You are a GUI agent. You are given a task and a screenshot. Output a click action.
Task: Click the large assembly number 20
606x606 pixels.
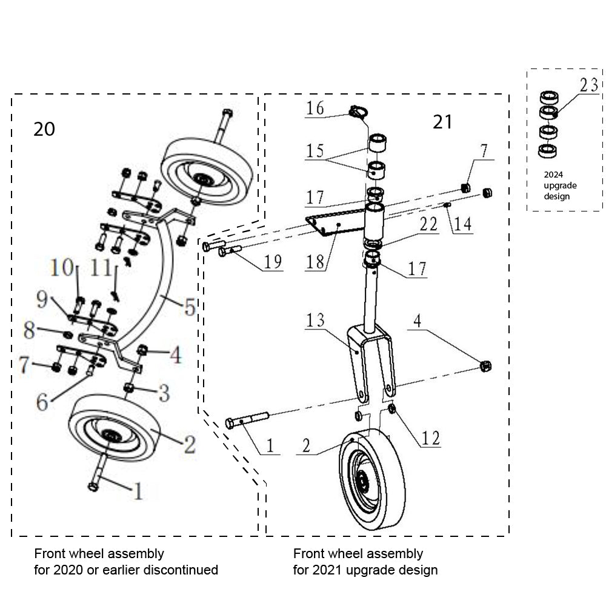[45, 129]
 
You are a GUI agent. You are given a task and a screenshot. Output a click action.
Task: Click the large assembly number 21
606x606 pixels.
[442, 122]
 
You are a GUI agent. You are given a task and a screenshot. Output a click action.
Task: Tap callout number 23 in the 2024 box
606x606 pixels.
[588, 85]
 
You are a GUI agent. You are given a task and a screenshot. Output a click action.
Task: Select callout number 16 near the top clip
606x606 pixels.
[315, 108]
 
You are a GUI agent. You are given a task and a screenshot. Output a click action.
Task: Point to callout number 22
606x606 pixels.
[428, 224]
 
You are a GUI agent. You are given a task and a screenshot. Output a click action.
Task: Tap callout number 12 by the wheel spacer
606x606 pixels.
[431, 437]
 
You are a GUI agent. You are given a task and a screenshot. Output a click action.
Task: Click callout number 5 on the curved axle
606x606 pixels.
[190, 308]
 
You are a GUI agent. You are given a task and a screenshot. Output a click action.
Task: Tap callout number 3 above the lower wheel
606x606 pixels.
[164, 395]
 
